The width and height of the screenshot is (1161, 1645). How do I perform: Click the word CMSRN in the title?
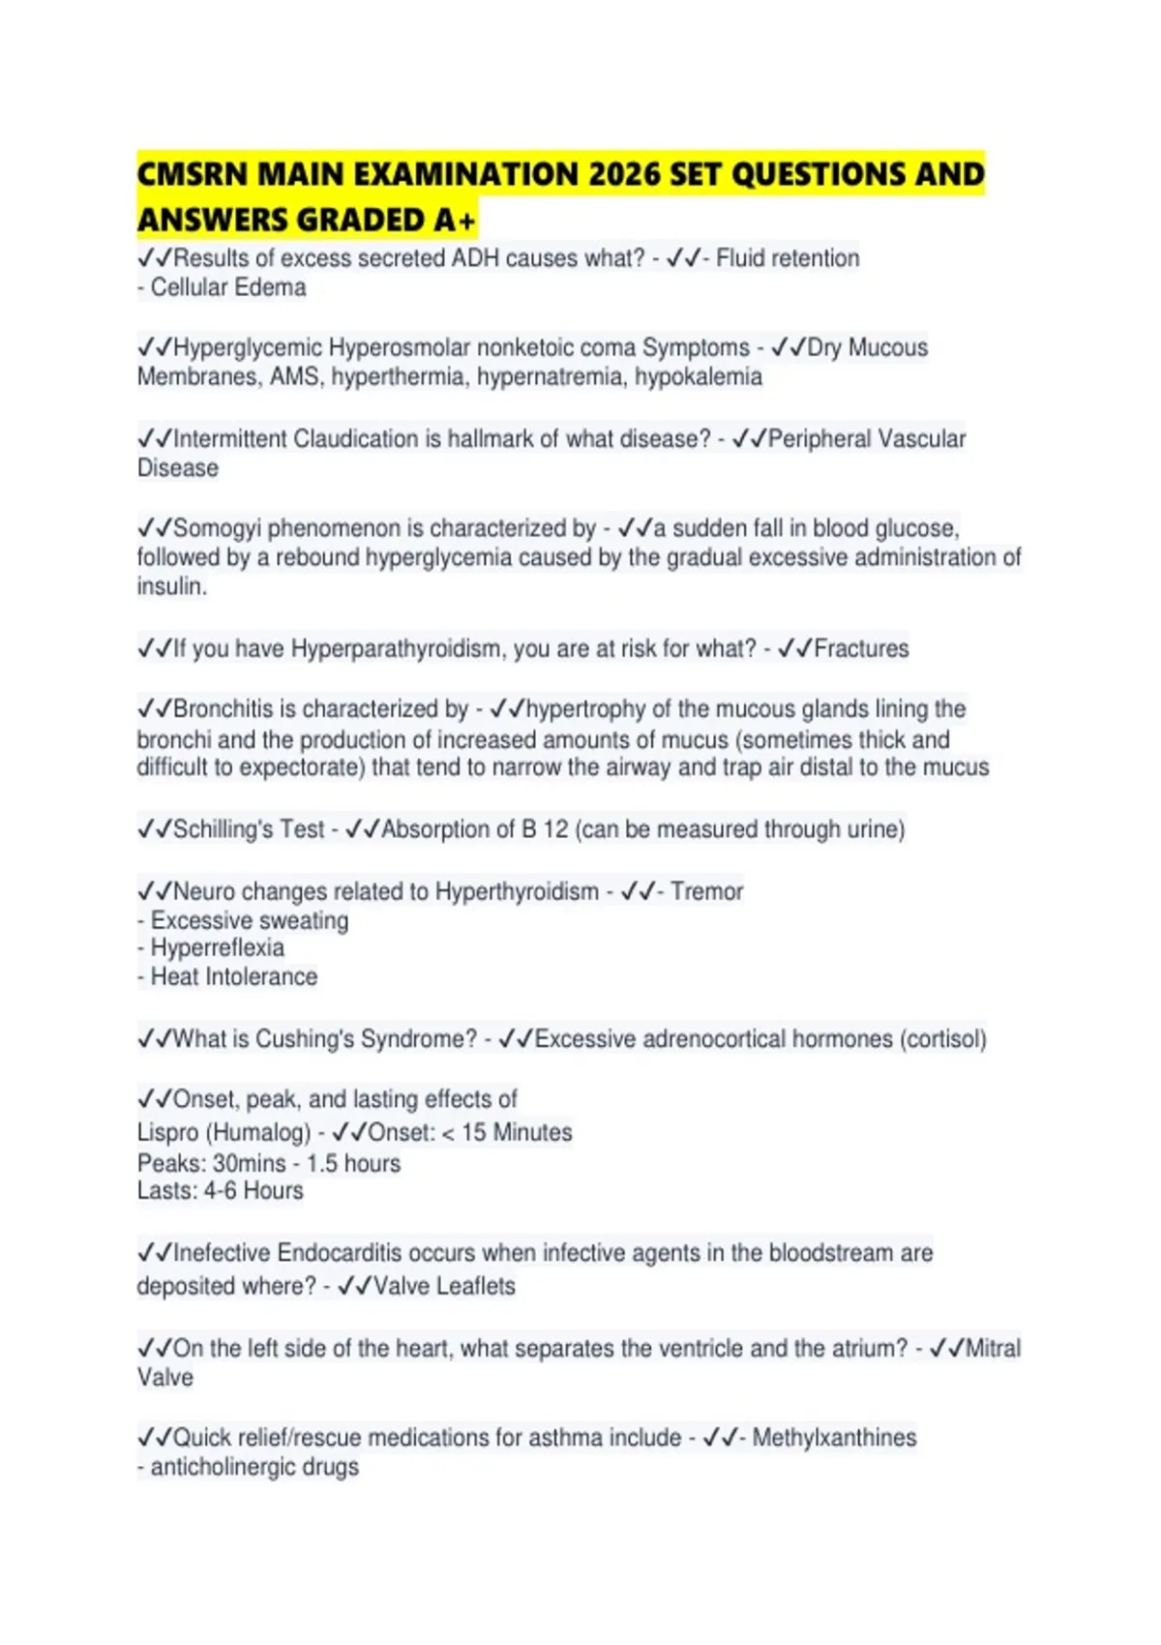pos(192,174)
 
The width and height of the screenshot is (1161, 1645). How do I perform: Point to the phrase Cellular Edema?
pos(228,287)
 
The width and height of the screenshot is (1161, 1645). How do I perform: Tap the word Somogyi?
pos(217,528)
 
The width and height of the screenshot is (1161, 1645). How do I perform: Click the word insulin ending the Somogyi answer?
pos(170,586)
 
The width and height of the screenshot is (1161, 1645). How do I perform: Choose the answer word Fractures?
pos(861,648)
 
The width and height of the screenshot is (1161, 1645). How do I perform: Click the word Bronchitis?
pos(223,709)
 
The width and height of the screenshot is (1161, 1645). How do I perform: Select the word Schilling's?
pos(221,829)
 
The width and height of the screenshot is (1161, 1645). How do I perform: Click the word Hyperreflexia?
pos(218,947)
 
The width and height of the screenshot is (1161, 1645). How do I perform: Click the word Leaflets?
pos(476,1286)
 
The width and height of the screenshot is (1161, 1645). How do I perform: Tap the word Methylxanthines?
pos(834,1438)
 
